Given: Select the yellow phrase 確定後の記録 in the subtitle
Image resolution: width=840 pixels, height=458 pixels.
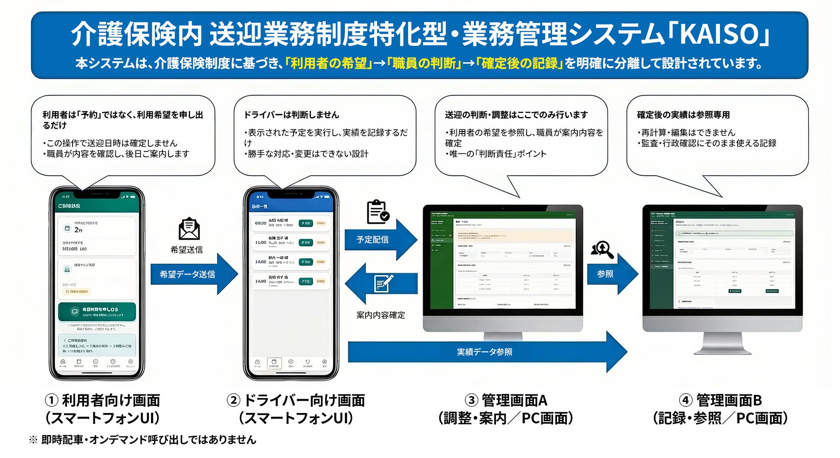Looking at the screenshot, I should [x=520, y=64].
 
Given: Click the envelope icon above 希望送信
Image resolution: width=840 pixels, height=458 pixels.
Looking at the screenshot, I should [x=189, y=229].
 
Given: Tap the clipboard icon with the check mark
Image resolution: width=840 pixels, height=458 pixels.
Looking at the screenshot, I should [x=377, y=212].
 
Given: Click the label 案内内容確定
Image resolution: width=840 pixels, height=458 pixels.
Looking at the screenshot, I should [x=381, y=315].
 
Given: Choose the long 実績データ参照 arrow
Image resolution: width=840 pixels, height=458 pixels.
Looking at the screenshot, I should [x=485, y=352].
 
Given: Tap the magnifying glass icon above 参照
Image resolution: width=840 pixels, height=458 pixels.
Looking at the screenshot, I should [x=603, y=250].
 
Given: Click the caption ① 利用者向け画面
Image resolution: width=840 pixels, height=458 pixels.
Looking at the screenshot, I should [x=103, y=400].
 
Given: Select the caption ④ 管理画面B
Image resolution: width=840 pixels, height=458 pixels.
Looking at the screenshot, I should [x=720, y=400].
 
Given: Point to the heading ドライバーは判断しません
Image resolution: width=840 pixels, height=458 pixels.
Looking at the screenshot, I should [x=291, y=115].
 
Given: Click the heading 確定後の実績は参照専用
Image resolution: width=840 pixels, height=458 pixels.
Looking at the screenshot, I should [x=683, y=115].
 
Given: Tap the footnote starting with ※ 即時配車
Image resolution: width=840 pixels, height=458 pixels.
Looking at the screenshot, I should [x=143, y=440].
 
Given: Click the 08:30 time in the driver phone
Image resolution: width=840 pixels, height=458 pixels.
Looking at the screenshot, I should [x=260, y=223].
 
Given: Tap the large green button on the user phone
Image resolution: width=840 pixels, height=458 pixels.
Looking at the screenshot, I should [x=97, y=312].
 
